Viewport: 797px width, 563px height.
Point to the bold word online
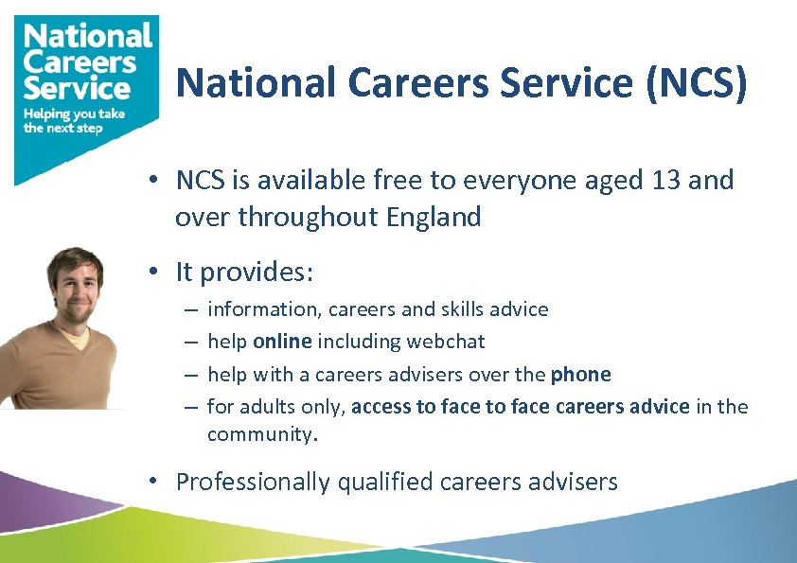point(283,342)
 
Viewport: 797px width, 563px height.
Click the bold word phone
point(580,375)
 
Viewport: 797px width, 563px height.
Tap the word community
point(261,435)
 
